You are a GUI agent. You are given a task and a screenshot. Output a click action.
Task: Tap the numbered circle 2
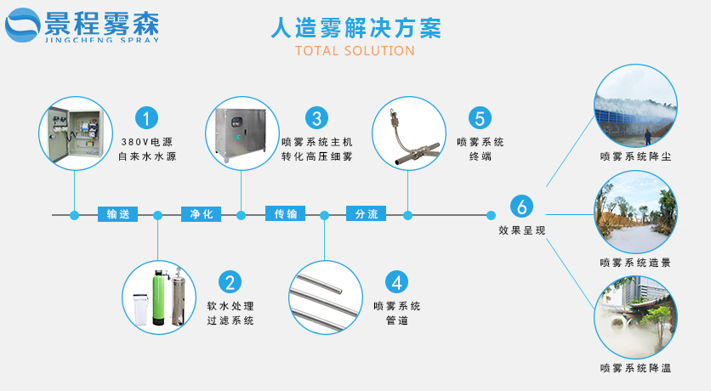pos(230,282)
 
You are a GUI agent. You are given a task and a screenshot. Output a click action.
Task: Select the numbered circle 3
pos(316,117)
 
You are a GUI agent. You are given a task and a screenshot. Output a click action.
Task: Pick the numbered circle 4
pos(396,282)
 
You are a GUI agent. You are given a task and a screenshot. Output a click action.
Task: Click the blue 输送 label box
pos(117,214)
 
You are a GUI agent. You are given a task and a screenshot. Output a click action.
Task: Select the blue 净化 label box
pos(201,214)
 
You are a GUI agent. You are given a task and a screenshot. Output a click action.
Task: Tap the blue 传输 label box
pos(285,214)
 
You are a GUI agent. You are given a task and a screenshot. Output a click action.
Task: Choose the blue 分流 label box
pos(367,214)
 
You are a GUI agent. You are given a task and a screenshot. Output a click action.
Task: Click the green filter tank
pos(158,298)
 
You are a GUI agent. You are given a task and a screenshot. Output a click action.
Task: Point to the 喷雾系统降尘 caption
pos(634,157)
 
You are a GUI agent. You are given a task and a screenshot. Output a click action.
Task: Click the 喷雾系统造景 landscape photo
pos(634,207)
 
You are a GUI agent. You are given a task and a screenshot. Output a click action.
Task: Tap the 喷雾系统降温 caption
pos(634,368)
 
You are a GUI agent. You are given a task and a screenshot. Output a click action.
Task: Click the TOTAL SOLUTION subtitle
pos(355,51)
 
